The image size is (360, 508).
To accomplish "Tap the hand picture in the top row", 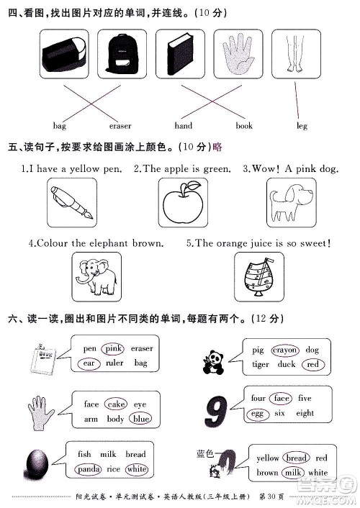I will [238, 56].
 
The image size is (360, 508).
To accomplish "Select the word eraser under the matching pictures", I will [120, 126].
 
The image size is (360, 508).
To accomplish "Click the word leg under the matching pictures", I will [302, 126].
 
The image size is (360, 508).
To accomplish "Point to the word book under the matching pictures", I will [244, 126].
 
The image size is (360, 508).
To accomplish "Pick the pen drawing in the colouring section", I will [71, 202].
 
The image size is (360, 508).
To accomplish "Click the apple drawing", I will [181, 203].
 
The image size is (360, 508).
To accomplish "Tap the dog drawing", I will [291, 202].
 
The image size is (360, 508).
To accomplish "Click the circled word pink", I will [113, 349].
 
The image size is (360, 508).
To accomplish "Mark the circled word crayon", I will [285, 350].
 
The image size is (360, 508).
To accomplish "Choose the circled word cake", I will [117, 404].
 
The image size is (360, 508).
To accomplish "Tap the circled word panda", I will [89, 469].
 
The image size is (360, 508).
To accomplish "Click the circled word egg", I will [257, 414].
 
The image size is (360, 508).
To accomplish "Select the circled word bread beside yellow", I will [296, 458].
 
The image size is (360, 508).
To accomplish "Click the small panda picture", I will [213, 357].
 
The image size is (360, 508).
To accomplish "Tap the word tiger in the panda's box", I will [261, 365].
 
